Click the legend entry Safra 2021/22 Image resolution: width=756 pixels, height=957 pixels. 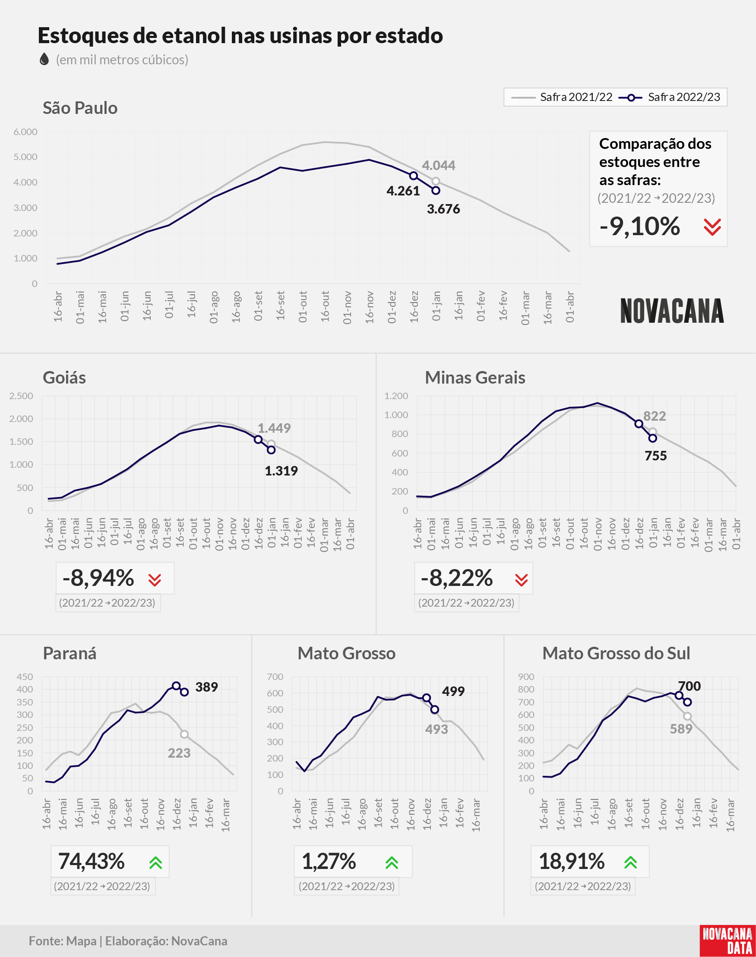pyautogui.click(x=562, y=97)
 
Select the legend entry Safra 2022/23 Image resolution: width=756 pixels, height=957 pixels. pyautogui.click(x=669, y=97)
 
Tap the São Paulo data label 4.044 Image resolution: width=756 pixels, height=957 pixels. pyautogui.click(x=438, y=165)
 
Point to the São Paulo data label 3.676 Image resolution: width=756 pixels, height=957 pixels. pyautogui.click(x=443, y=209)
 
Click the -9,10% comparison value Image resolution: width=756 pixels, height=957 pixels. pyautogui.click(x=639, y=227)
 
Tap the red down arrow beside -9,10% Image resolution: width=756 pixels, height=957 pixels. pyautogui.click(x=712, y=227)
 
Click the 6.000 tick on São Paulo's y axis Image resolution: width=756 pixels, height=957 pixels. pyautogui.click(x=25, y=132)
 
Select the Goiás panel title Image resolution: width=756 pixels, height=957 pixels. pyautogui.click(x=64, y=378)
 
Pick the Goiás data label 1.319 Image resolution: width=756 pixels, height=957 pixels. pyautogui.click(x=281, y=471)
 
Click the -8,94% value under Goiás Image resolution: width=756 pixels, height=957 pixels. pyautogui.click(x=98, y=578)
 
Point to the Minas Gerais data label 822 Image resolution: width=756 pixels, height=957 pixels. pyautogui.click(x=654, y=416)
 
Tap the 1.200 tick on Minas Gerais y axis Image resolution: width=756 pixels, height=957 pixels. pyautogui.click(x=396, y=396)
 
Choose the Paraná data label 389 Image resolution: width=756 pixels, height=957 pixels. pyautogui.click(x=206, y=687)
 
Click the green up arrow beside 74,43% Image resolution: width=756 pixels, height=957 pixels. pyautogui.click(x=156, y=863)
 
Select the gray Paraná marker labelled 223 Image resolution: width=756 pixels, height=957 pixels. pyautogui.click(x=184, y=734)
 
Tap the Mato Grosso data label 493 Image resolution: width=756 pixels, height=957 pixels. pyautogui.click(x=437, y=729)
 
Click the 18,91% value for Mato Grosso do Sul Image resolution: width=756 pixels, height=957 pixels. pyautogui.click(x=572, y=861)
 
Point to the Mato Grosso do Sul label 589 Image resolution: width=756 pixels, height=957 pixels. pyautogui.click(x=681, y=729)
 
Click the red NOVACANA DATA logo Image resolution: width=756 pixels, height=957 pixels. pyautogui.click(x=728, y=941)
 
